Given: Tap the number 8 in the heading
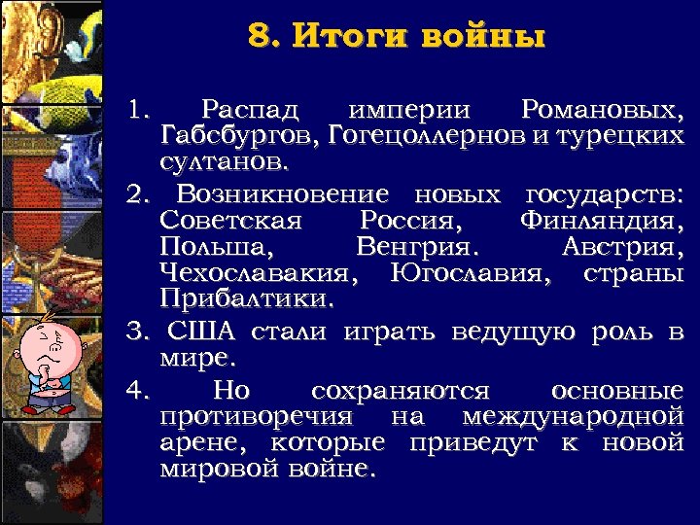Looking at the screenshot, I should (x=258, y=38).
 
